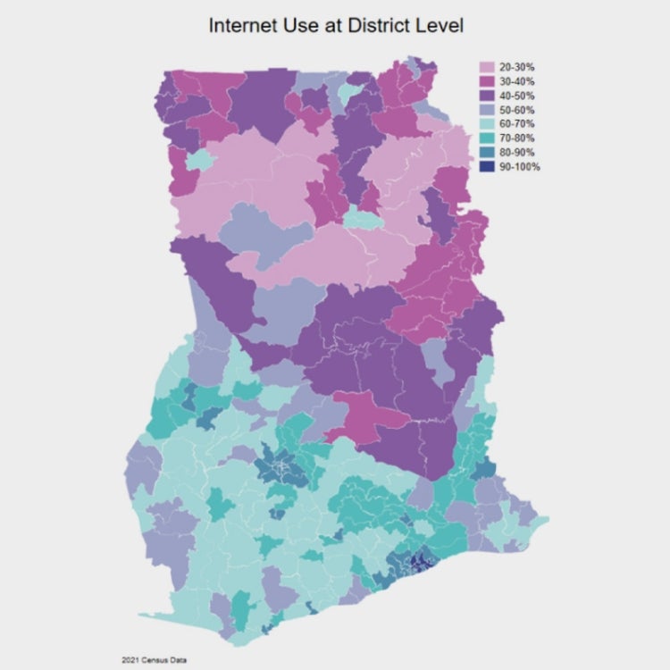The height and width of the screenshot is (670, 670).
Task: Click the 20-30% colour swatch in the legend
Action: pyautogui.click(x=488, y=68)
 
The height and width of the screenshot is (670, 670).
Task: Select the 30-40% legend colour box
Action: pyautogui.click(x=488, y=82)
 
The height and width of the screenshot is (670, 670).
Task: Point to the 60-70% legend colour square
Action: pyautogui.click(x=488, y=124)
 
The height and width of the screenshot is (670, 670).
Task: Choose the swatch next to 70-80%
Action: pyautogui.click(x=488, y=138)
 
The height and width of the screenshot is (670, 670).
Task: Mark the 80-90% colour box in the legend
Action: pyautogui.click(x=488, y=153)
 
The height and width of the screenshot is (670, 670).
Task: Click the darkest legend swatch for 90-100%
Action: pyautogui.click(x=488, y=167)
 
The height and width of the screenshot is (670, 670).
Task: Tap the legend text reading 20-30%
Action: pyautogui.click(x=517, y=68)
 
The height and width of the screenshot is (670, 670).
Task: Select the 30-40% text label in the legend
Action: pyautogui.click(x=517, y=82)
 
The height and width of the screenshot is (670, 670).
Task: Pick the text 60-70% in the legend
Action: pyautogui.click(x=517, y=124)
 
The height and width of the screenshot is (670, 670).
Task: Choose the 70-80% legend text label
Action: pyautogui.click(x=517, y=138)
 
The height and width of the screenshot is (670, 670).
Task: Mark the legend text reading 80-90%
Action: pyautogui.click(x=517, y=153)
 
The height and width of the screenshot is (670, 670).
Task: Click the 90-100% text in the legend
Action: pyautogui.click(x=520, y=167)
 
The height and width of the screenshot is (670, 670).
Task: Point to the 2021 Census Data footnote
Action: pyautogui.click(x=155, y=659)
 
